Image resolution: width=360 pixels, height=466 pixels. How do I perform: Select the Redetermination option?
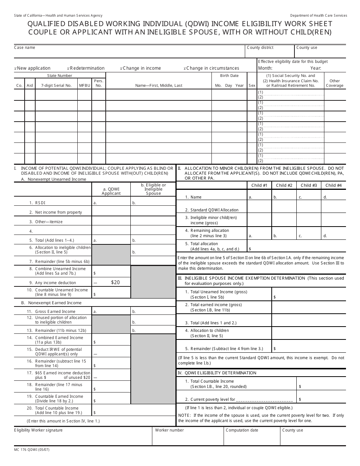point(87,68)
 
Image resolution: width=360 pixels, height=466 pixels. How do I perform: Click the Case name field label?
point(25,48)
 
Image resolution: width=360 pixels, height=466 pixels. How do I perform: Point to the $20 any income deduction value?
point(115,283)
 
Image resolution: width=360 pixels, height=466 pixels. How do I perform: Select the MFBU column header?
point(85,86)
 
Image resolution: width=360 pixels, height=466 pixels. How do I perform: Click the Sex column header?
point(252,86)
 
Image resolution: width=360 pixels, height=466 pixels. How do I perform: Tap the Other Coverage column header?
point(335,83)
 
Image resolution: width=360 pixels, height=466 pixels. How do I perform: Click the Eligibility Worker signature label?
point(38,430)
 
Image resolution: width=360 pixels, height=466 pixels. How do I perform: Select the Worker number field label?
point(169,430)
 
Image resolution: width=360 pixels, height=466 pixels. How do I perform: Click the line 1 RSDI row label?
point(40,203)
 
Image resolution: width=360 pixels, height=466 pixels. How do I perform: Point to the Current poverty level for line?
point(239,399)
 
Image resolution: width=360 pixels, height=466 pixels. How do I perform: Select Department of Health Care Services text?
point(318,16)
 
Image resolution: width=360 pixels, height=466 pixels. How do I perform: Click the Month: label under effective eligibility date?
point(265,68)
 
